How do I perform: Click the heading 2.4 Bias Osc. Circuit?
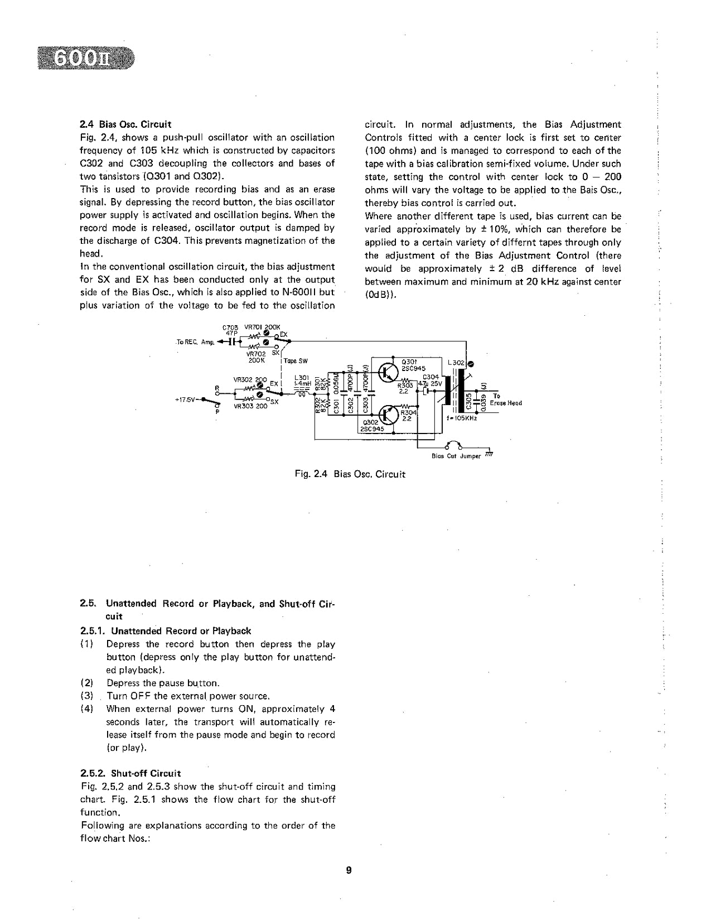tap(125, 124)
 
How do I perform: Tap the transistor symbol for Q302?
tap(387, 415)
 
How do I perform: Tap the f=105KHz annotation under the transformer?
tap(461, 417)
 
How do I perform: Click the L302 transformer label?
tap(456, 363)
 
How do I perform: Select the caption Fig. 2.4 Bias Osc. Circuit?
tap(350, 474)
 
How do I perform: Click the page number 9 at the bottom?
tap(349, 870)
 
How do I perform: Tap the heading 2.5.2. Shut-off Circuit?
tap(130, 773)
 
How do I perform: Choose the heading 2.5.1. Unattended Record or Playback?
tap(166, 631)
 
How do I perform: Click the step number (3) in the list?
tap(86, 696)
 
